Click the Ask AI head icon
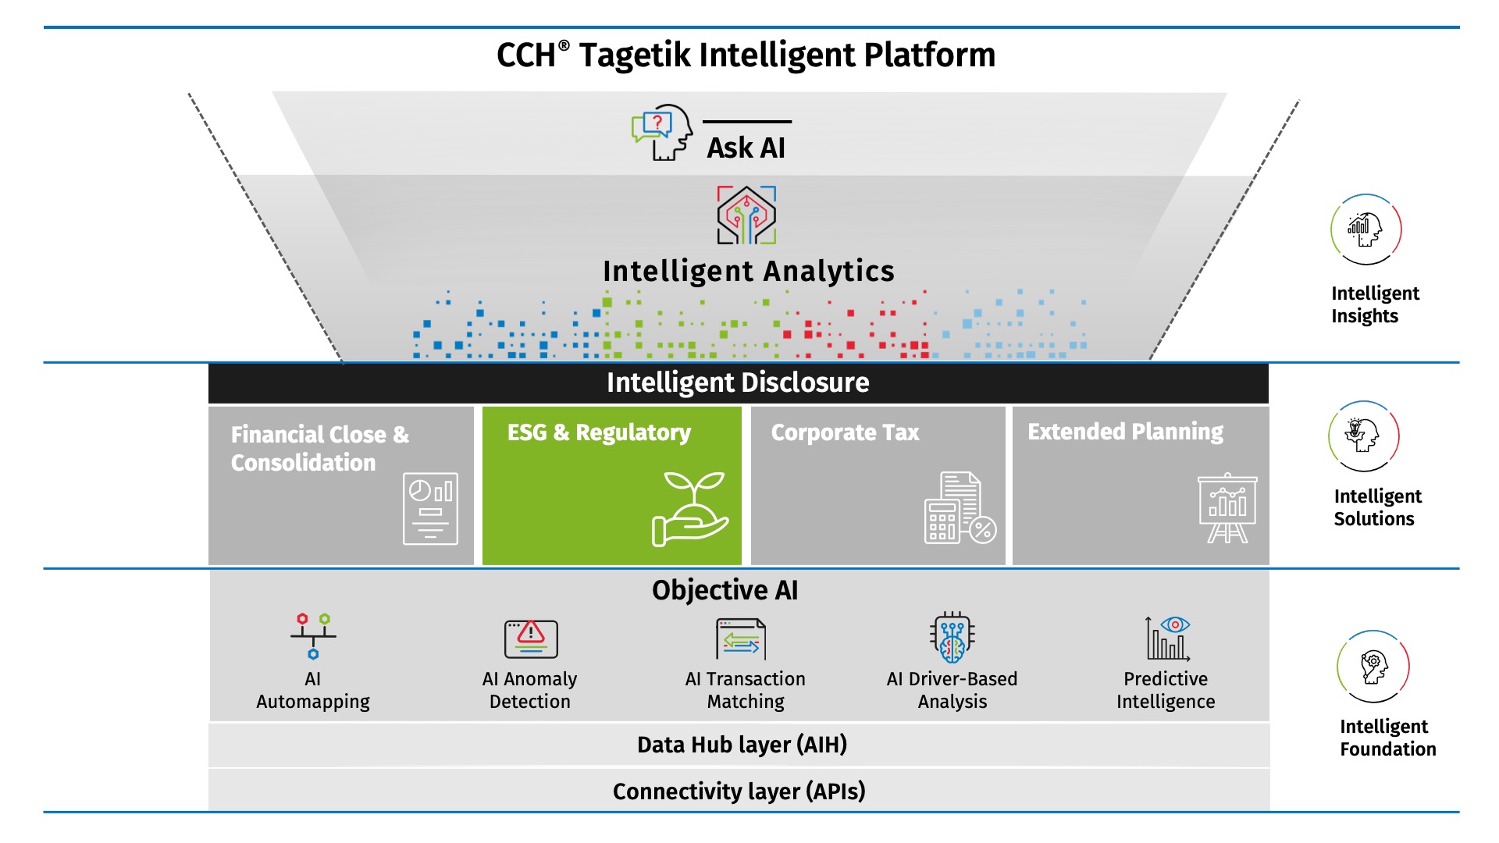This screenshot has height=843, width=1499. [662, 133]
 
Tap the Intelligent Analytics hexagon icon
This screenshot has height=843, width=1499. [746, 215]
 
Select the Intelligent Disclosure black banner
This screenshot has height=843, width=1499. [738, 383]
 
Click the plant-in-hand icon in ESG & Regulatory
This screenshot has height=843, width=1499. [690, 508]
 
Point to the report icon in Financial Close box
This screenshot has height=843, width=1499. [430, 509]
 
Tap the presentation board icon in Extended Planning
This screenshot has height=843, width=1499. [1227, 507]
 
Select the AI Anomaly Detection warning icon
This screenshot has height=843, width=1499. [531, 638]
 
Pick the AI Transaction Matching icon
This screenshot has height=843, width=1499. [741, 638]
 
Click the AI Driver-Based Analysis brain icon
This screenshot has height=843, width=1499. [952, 637]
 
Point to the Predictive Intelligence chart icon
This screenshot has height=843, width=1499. [1167, 638]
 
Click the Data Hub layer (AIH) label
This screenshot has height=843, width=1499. [742, 745]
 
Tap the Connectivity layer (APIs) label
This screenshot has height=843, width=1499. [739, 791]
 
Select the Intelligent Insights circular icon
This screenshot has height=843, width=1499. [1365, 229]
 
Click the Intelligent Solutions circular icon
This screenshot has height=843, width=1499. [1364, 436]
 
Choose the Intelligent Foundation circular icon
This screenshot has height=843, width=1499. [1373, 667]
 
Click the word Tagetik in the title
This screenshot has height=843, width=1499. [635, 55]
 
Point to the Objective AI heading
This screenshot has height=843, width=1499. [725, 590]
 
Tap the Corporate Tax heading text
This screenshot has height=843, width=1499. [845, 432]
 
